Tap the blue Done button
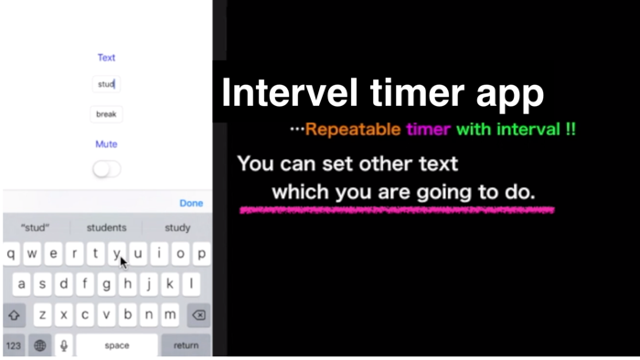point(191,203)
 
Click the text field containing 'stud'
point(107,84)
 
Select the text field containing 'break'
point(107,114)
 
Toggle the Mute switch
point(107,169)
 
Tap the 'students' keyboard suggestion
point(106,228)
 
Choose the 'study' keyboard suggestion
point(177,228)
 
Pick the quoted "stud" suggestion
point(35,228)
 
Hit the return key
point(186,345)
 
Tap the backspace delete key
point(197,314)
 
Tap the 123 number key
point(14,345)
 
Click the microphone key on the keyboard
point(64,345)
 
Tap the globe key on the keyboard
point(40,345)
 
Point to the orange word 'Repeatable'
point(353,130)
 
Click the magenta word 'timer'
point(429,130)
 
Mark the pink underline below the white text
point(397,211)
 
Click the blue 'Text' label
point(107,58)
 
